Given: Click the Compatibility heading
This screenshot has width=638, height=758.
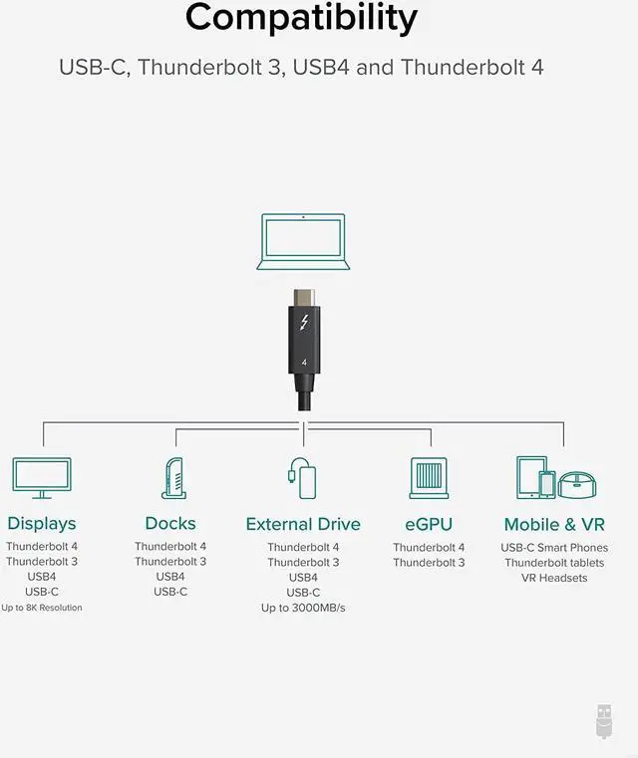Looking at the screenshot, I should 301,18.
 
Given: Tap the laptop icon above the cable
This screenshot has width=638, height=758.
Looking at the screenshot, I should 303,241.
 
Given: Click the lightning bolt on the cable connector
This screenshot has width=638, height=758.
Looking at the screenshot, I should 303,325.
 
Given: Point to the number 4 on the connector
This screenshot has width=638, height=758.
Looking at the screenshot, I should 303,364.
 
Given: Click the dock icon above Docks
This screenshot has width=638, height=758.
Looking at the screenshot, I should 173,478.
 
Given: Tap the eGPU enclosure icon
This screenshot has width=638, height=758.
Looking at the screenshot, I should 429,478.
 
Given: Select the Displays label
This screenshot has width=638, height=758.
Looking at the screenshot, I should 42,524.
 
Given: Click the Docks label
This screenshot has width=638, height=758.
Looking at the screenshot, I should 170,524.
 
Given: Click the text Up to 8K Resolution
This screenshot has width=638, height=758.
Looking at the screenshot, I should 42,608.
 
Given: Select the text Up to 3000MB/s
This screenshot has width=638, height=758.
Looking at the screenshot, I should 303,608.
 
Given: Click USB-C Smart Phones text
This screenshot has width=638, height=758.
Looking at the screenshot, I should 554,548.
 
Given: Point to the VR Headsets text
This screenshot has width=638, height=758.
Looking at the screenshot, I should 554,578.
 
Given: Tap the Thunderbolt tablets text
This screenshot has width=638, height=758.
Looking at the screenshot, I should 554,563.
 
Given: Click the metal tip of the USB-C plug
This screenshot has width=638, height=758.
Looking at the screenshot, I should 303,298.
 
